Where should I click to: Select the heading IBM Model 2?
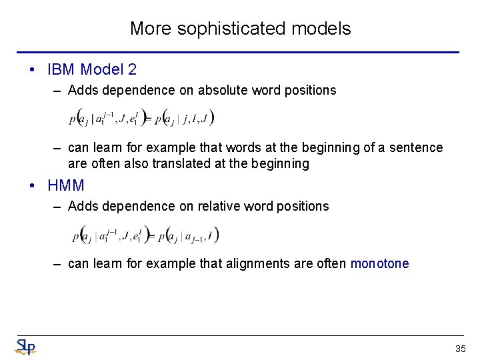point(92,69)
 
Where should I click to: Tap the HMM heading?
point(66,185)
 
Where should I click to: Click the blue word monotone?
point(379,263)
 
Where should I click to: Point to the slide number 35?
point(460,349)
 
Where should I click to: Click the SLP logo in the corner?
point(25,347)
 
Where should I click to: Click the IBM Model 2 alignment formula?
point(141,119)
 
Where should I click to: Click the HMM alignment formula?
point(145,235)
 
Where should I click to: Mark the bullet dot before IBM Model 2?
point(32,69)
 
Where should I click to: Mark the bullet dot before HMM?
point(32,185)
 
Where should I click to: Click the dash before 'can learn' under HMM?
point(59,263)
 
